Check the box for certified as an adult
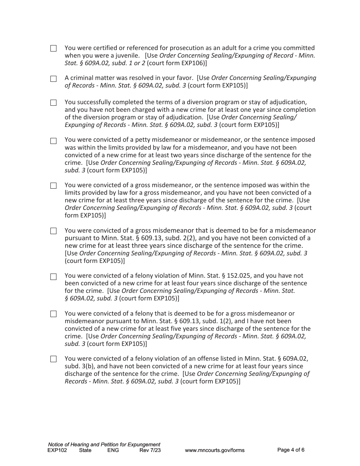53,48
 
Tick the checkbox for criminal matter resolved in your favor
53,79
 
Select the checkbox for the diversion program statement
53,103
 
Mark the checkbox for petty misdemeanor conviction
53,141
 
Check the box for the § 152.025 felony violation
53,277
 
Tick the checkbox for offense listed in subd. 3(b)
53,359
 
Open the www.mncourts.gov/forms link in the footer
214,450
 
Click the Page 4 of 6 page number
291,450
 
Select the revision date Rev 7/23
150,450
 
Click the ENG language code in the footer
113,450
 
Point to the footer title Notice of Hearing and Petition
104,444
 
